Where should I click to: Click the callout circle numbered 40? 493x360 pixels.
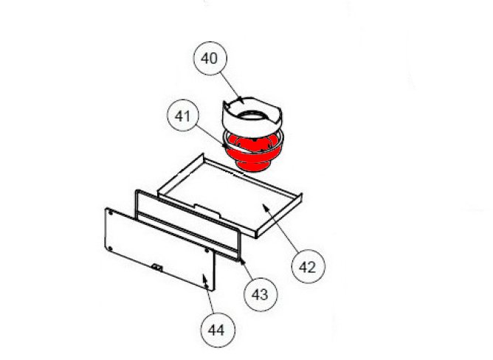click(210, 58)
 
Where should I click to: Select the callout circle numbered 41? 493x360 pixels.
click(183, 116)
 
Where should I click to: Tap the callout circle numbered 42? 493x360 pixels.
click(308, 266)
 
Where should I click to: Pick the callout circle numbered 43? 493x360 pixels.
click(261, 294)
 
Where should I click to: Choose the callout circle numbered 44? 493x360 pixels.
click(217, 330)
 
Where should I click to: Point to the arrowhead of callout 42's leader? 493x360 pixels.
click(266, 207)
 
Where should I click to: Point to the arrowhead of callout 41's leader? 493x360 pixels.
click(225, 145)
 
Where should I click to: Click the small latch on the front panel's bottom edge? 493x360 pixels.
click(156, 267)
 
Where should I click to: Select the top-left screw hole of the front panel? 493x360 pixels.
click(111, 213)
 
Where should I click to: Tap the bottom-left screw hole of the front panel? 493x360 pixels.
click(110, 249)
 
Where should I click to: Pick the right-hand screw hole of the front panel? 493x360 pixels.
click(207, 251)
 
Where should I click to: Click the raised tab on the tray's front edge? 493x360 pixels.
click(207, 208)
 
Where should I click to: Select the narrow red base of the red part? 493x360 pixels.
click(253, 167)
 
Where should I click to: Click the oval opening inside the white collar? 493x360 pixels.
click(252, 116)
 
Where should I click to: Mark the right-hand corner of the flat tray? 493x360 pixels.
click(301, 195)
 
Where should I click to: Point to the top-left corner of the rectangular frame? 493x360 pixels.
click(137, 191)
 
